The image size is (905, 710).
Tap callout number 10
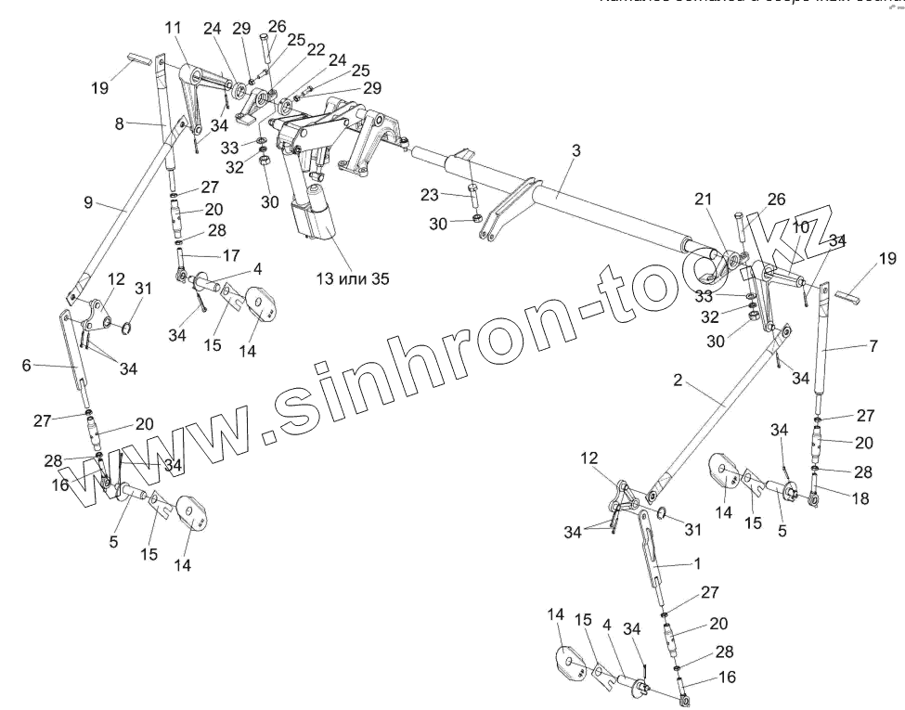[x=800, y=226]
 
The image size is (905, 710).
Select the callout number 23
[x=430, y=195]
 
